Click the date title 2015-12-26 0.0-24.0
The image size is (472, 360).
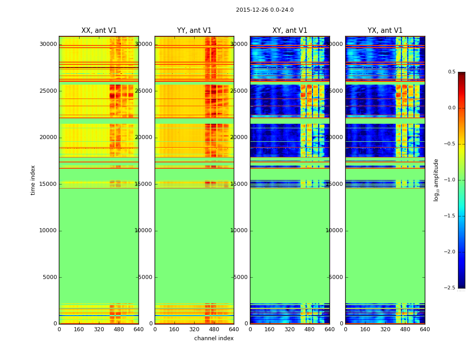(x=264, y=10)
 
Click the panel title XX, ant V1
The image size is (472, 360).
(x=99, y=31)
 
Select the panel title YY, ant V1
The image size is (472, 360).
(x=194, y=31)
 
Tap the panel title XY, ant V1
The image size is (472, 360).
(x=290, y=31)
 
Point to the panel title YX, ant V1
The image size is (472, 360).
(x=385, y=31)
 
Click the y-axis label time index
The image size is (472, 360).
(x=33, y=180)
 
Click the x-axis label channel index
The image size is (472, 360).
(x=214, y=338)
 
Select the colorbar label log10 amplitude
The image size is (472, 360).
(x=436, y=180)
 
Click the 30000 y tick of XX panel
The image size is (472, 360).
(x=48, y=44)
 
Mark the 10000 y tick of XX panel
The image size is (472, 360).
(x=48, y=230)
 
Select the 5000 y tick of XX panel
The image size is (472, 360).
(x=50, y=277)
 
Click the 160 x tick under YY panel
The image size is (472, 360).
(x=174, y=329)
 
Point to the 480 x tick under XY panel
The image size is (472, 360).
(x=310, y=329)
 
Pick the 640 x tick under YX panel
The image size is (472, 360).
(x=425, y=329)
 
